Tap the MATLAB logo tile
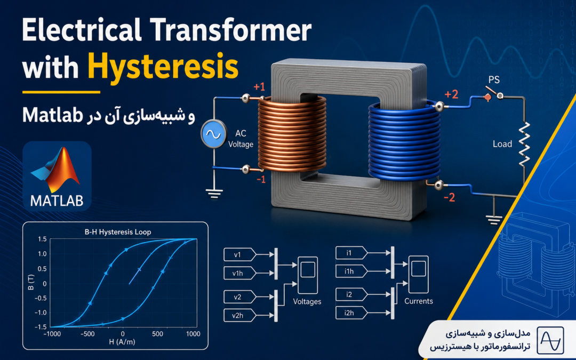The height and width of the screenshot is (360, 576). click(x=57, y=176)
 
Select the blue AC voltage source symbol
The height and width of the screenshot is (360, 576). click(x=213, y=134)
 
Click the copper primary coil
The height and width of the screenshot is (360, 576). click(x=292, y=134)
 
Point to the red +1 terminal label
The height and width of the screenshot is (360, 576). click(x=259, y=87)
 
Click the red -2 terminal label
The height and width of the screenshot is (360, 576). click(x=449, y=198)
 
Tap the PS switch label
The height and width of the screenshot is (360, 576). click(x=494, y=79)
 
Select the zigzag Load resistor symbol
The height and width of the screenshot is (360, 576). click(x=524, y=143)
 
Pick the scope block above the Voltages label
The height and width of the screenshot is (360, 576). click(x=308, y=275)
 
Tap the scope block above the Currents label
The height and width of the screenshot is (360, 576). click(x=419, y=274)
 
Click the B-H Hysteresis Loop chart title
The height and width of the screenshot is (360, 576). click(x=117, y=232)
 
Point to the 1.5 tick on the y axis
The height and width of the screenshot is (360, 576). click(x=42, y=239)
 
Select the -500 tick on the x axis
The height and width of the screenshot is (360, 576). click(x=87, y=334)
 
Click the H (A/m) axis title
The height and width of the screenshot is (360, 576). click(x=122, y=342)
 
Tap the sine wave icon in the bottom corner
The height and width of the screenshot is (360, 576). click(x=550, y=340)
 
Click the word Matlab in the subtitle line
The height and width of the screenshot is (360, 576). click(x=52, y=115)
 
